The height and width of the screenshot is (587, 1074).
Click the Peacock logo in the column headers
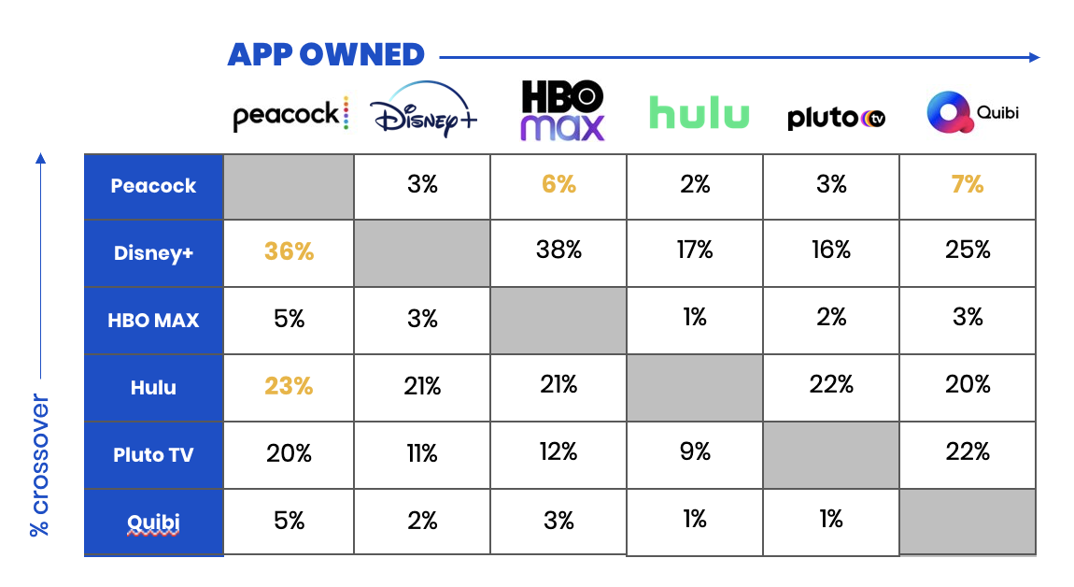[x=290, y=115]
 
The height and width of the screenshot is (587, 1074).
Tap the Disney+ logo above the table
[x=423, y=112]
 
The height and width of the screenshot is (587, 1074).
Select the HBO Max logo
[x=562, y=110]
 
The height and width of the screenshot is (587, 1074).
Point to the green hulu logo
[x=699, y=113]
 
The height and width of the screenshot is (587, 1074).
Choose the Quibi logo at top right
[x=972, y=113]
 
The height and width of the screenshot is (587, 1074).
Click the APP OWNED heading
[x=326, y=54]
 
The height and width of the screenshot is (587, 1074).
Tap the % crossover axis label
[x=39, y=464]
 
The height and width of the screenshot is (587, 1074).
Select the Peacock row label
[x=154, y=186]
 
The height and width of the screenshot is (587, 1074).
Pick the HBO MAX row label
[x=154, y=320]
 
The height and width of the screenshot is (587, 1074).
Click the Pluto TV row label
[x=154, y=454]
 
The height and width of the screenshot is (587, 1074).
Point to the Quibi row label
[x=154, y=522]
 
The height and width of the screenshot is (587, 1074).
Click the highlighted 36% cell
[x=289, y=252]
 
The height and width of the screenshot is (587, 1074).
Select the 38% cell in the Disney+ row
[x=558, y=250]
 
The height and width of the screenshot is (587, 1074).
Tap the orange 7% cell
[x=968, y=185]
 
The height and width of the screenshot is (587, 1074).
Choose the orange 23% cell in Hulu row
[x=289, y=386]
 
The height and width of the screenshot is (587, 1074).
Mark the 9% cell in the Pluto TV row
[x=695, y=452]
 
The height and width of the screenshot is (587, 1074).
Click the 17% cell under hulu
[x=695, y=250]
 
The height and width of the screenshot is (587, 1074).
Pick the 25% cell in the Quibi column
[x=968, y=250]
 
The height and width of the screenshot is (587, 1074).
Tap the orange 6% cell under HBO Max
[x=558, y=185]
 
